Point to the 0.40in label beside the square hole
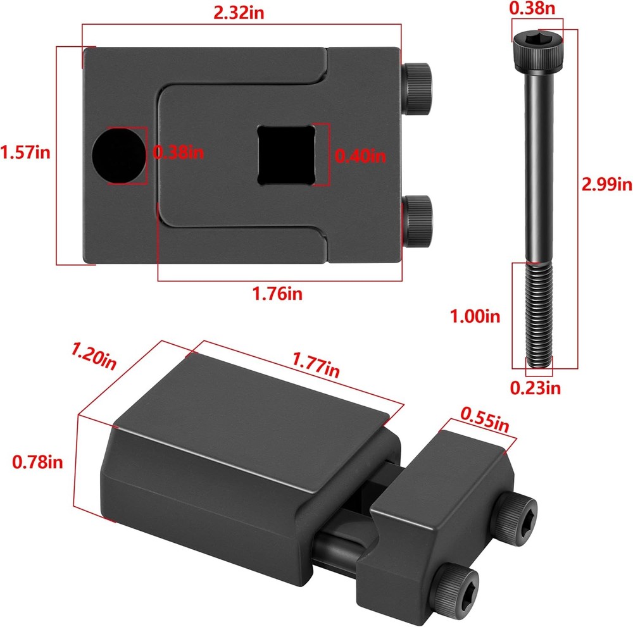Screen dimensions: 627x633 click(x=360, y=155)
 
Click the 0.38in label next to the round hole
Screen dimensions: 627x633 click(x=179, y=152)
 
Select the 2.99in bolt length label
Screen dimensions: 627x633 click(x=606, y=185)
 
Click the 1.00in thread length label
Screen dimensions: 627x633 click(x=474, y=316)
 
